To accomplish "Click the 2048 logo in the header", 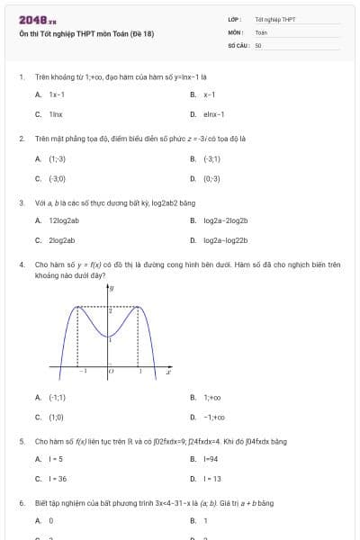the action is pyautogui.click(x=37, y=20).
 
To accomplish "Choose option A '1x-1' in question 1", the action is pyautogui.click(x=57, y=94).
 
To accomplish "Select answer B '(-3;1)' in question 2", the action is pyautogui.click(x=211, y=158).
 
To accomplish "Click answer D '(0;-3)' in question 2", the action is pyautogui.click(x=211, y=178).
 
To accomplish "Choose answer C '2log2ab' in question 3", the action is pyautogui.click(x=62, y=240).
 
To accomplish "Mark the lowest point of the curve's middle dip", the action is pyautogui.click(x=110, y=337).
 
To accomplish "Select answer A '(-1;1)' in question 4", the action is pyautogui.click(x=57, y=397).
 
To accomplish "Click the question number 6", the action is pyautogui.click(x=21, y=503).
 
